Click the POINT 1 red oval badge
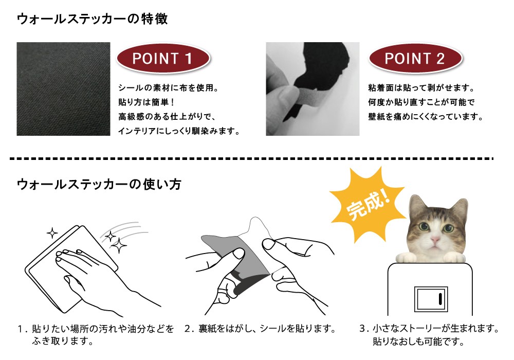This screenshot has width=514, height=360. coord(163,59)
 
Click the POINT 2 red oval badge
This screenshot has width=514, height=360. coord(415,59)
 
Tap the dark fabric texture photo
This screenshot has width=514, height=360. coord(63,89)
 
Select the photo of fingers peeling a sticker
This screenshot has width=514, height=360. coord(313,89)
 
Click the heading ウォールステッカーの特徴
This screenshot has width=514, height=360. coord(93,19)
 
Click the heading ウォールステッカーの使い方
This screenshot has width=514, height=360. coord(99,184)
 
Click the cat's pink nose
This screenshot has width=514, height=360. coord(435,239)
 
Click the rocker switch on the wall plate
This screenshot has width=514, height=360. coord(431,299)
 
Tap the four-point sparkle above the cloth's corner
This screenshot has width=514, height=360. coord(52,233)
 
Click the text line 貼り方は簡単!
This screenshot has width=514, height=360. coord(146,102)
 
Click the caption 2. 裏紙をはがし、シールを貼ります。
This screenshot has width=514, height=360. coord(260,329)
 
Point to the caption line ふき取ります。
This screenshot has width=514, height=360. coord(62,341)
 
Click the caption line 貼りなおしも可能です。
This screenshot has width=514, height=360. coord(418,341)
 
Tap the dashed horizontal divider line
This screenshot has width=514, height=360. coord(251,159)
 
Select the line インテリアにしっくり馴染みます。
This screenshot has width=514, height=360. coord(179,131)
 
